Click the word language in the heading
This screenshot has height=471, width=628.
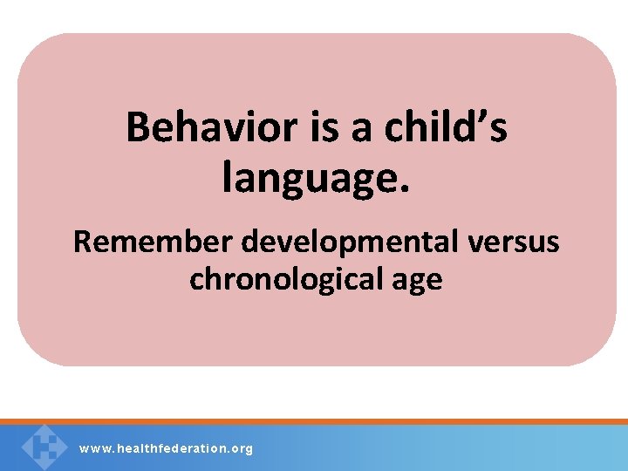311,178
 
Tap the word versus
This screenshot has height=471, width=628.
515,242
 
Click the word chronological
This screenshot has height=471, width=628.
283,280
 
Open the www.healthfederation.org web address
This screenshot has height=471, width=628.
166,448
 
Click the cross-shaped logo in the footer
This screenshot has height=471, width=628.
44,447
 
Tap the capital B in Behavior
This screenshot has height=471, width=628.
138,128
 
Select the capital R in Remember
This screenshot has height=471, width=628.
82,242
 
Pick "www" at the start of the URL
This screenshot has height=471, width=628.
91,448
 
